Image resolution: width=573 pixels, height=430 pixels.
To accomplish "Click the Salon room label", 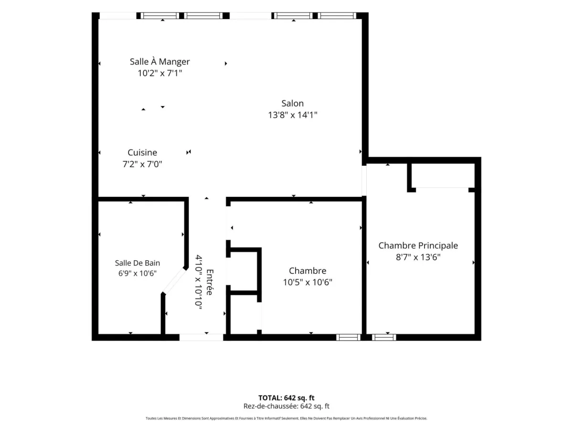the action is pos(292,103).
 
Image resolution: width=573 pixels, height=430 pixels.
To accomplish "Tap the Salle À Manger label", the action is pos(160,62).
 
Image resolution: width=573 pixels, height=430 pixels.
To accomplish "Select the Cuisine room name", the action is pos(142,152).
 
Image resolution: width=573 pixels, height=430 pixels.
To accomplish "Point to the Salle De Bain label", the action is pos(138,263).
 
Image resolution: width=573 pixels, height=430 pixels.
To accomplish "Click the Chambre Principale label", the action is pos(418,246).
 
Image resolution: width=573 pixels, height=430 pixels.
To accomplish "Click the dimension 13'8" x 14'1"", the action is pos(293,115).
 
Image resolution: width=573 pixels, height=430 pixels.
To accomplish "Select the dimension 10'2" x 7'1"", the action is pos(160,73).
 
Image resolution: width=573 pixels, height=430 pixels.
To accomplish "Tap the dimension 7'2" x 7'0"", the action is pos(142,164).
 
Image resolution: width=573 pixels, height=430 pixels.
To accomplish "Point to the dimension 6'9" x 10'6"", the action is pos(138,273).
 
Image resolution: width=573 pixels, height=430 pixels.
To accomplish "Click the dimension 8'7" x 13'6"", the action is pos(418,257).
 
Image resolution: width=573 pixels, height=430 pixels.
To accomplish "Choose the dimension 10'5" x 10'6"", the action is pos(308,282).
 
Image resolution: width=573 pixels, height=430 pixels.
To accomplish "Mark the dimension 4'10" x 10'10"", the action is pos(199,282).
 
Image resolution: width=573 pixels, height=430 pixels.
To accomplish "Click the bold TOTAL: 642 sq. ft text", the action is pos(286,398).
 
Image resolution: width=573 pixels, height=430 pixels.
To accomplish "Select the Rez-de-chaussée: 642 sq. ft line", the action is pos(286,406).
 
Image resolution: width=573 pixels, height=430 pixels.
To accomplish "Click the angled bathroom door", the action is pos(174,280).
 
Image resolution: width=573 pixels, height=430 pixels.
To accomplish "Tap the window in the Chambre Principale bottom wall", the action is pos(384,338).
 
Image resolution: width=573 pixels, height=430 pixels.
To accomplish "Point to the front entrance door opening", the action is pos(202,337).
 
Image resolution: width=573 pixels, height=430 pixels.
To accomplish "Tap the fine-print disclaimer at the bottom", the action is pos(286,418).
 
